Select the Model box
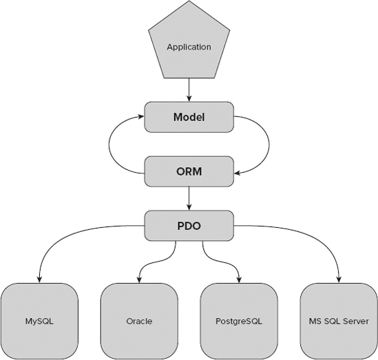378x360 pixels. click(189, 118)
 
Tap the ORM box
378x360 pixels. click(189, 171)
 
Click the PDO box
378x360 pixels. click(189, 225)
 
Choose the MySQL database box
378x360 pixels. click(39, 321)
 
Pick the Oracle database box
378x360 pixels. click(139, 321)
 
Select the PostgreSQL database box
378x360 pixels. click(239, 321)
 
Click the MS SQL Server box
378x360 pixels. click(339, 321)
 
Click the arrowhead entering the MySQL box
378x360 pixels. click(39, 278)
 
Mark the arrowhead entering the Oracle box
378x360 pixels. click(139, 278)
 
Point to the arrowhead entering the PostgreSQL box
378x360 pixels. click(239, 278)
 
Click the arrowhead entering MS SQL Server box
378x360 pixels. click(339, 278)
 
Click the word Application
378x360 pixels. click(189, 47)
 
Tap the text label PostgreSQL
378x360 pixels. click(239, 321)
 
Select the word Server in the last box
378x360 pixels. click(355, 321)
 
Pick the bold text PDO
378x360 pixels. click(189, 225)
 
